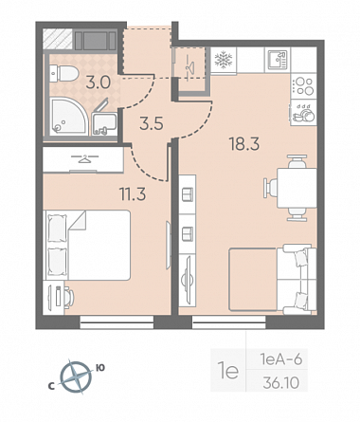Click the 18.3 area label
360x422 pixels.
pyautogui.click(x=244, y=144)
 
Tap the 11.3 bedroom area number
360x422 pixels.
pyautogui.click(x=133, y=193)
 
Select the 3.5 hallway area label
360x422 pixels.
pyautogui.click(x=152, y=123)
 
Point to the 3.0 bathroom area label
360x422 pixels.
pyautogui.click(x=99, y=83)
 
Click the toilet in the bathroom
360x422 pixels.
pyautogui.click(x=64, y=73)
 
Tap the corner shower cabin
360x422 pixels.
pyautogui.click(x=68, y=117)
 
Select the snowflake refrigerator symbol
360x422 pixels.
pyautogui.click(x=224, y=60)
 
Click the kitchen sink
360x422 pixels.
pyautogui.click(x=278, y=60)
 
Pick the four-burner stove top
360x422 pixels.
pyautogui.click(x=303, y=86)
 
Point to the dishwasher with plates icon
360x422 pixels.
pyautogui.click(x=303, y=113)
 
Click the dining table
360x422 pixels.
pyautogui.click(x=297, y=188)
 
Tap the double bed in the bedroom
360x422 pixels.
pyautogui.click(x=88, y=245)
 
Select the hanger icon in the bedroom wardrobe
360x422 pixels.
pyautogui.click(x=83, y=159)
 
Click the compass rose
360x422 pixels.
pyautogui.click(x=76, y=377)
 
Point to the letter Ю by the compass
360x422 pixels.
pyautogui.click(x=100, y=367)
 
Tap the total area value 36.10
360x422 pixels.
pyautogui.click(x=280, y=383)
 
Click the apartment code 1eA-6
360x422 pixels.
pyautogui.click(x=281, y=359)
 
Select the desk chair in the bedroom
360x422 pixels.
pyautogui.click(x=69, y=297)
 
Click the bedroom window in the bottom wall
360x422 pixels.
pyautogui.click(x=117, y=322)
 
